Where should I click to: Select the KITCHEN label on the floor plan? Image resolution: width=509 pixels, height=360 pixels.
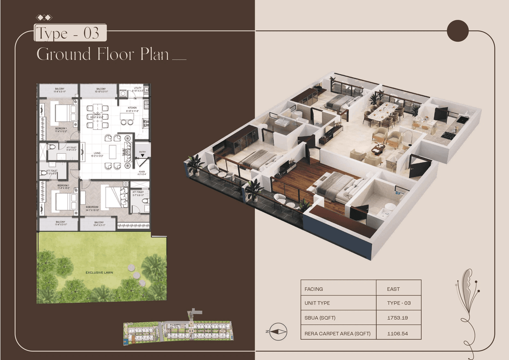132,108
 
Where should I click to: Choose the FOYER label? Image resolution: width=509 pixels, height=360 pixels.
142,171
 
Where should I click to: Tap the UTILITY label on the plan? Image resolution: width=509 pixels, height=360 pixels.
138,88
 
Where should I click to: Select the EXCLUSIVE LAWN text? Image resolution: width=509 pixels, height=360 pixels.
101,272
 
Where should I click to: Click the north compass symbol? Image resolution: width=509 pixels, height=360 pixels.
278,331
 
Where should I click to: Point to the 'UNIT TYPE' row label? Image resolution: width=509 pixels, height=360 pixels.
317,303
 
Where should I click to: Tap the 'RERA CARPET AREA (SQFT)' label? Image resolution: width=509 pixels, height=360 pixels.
337,333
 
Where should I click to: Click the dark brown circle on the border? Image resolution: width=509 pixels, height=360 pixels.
458,31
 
